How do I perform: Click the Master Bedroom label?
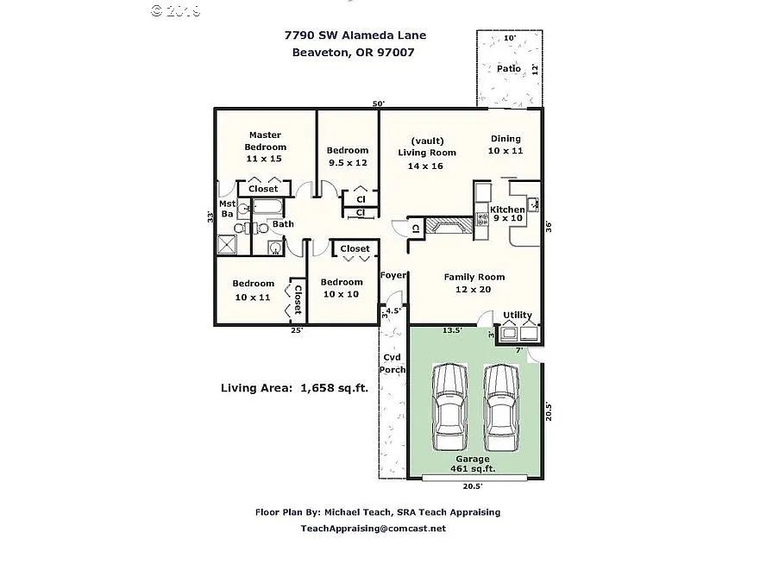pos(265,147)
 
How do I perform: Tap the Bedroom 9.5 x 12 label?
pos(347,156)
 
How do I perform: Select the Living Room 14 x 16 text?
pos(426,153)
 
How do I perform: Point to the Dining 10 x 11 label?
pos(506,144)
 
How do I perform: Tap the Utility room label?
pos(518,315)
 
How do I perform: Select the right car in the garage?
pos(499,401)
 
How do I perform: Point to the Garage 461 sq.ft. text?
pos(472,464)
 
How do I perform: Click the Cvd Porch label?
pos(393,363)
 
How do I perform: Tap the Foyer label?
pos(393,275)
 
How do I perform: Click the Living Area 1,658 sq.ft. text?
pos(294,388)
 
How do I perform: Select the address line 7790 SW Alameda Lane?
pos(355,35)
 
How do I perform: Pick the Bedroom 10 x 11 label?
pos(253,290)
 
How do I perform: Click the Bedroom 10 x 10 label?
pos(342,288)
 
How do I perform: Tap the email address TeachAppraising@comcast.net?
pos(373,528)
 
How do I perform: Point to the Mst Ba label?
pos(227,209)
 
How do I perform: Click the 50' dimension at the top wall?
pos(378,103)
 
